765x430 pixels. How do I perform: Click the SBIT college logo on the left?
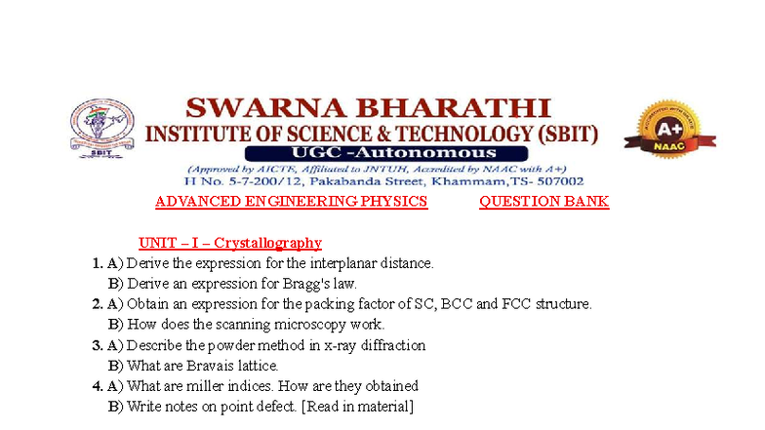pos(101,133)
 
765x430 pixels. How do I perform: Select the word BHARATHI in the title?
pos(442,107)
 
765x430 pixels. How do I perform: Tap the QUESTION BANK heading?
pos(544,202)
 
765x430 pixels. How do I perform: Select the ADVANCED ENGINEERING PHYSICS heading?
pos(291,202)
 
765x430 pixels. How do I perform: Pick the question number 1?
pos(97,263)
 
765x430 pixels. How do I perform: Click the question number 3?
pos(97,345)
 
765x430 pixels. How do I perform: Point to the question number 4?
pos(97,386)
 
